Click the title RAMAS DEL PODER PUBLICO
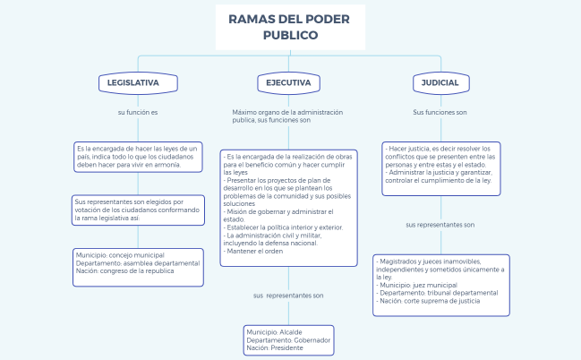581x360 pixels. (x=290, y=27)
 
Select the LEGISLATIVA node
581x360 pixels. (x=132, y=82)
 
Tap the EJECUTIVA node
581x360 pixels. (x=288, y=82)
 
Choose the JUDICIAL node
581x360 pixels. (x=440, y=82)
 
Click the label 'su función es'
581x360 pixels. (x=138, y=113)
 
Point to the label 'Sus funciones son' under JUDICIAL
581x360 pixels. (x=440, y=113)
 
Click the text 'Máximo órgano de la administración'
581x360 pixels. (x=287, y=112)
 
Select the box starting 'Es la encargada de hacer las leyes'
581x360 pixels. (x=138, y=157)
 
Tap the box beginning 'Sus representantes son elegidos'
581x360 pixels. (x=137, y=210)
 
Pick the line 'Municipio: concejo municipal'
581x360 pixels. (x=120, y=254)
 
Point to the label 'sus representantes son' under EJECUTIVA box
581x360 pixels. (x=288, y=295)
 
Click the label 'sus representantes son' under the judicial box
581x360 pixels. (x=440, y=225)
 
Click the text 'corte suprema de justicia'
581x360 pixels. (x=449, y=301)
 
